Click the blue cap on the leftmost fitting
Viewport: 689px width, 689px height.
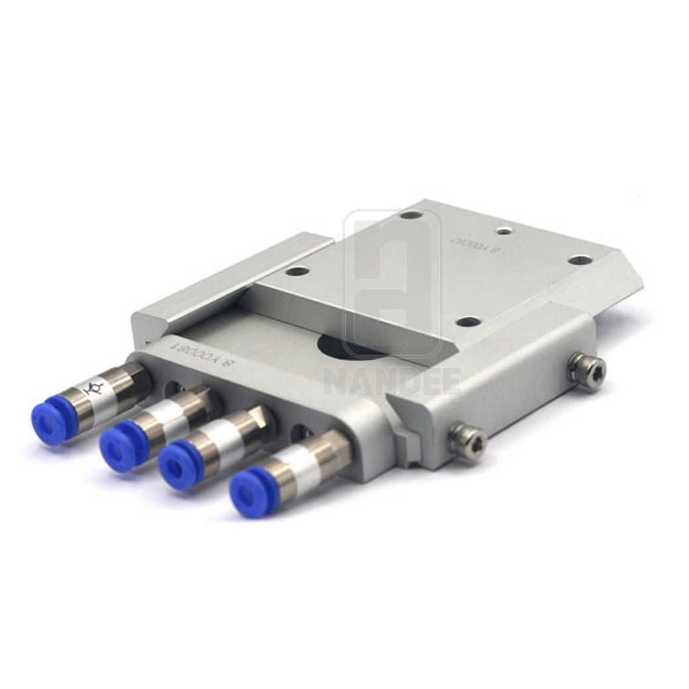[50, 421]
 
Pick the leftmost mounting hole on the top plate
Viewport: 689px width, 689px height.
[297, 271]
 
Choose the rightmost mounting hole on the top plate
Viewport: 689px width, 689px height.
[580, 260]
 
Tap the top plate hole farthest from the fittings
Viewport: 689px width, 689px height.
[411, 215]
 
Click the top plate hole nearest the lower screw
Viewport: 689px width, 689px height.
[468, 322]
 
